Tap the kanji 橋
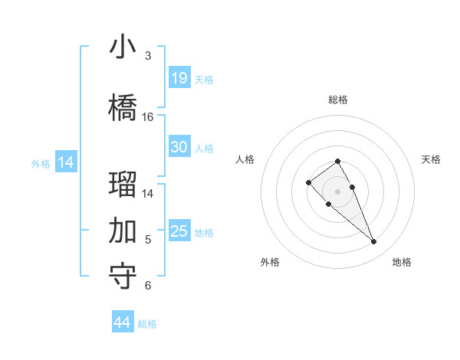[x=123, y=107]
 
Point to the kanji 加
[x=123, y=230]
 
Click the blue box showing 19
[x=179, y=77]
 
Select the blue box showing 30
[x=179, y=147]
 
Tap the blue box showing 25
[x=179, y=231]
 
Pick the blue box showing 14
[x=66, y=162]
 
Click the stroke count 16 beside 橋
[x=148, y=117]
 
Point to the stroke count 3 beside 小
[x=148, y=56]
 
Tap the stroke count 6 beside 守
[x=148, y=286]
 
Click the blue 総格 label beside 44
[x=147, y=324]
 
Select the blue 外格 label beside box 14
[x=41, y=163]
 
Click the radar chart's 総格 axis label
[x=338, y=100]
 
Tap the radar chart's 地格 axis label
[x=402, y=262]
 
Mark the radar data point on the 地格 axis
[x=373, y=242]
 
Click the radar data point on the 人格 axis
[x=308, y=182]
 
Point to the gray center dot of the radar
[x=337, y=191]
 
